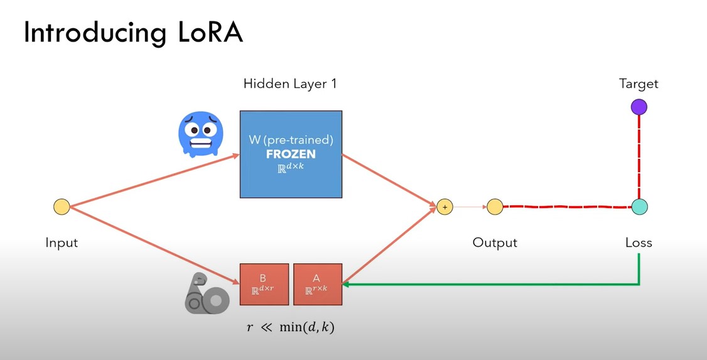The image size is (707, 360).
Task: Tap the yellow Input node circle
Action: pyautogui.click(x=62, y=207)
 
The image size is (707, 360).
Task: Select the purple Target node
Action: pyautogui.click(x=639, y=107)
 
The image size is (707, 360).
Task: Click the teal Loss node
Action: pyautogui.click(x=639, y=207)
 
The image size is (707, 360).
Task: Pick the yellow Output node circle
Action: pyautogui.click(x=495, y=207)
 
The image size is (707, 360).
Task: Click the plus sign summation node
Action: pyautogui.click(x=445, y=207)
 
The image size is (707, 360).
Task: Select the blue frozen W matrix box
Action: pyautogui.click(x=291, y=154)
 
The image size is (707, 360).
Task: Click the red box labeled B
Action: pyautogui.click(x=264, y=284)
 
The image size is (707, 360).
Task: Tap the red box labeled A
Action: pyautogui.click(x=317, y=284)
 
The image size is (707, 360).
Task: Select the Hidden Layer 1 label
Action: pyautogui.click(x=290, y=84)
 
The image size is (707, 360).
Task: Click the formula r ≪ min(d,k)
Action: pyautogui.click(x=289, y=327)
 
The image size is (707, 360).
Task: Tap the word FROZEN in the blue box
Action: pyautogui.click(x=290, y=154)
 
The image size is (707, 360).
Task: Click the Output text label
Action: pyautogui.click(x=495, y=243)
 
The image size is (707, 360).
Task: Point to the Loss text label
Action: pyautogui.click(x=639, y=243)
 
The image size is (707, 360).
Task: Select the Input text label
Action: pyautogui.click(x=62, y=243)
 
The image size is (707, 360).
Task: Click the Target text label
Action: pyautogui.click(x=639, y=84)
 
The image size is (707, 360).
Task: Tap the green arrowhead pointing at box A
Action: pyautogui.click(x=347, y=285)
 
